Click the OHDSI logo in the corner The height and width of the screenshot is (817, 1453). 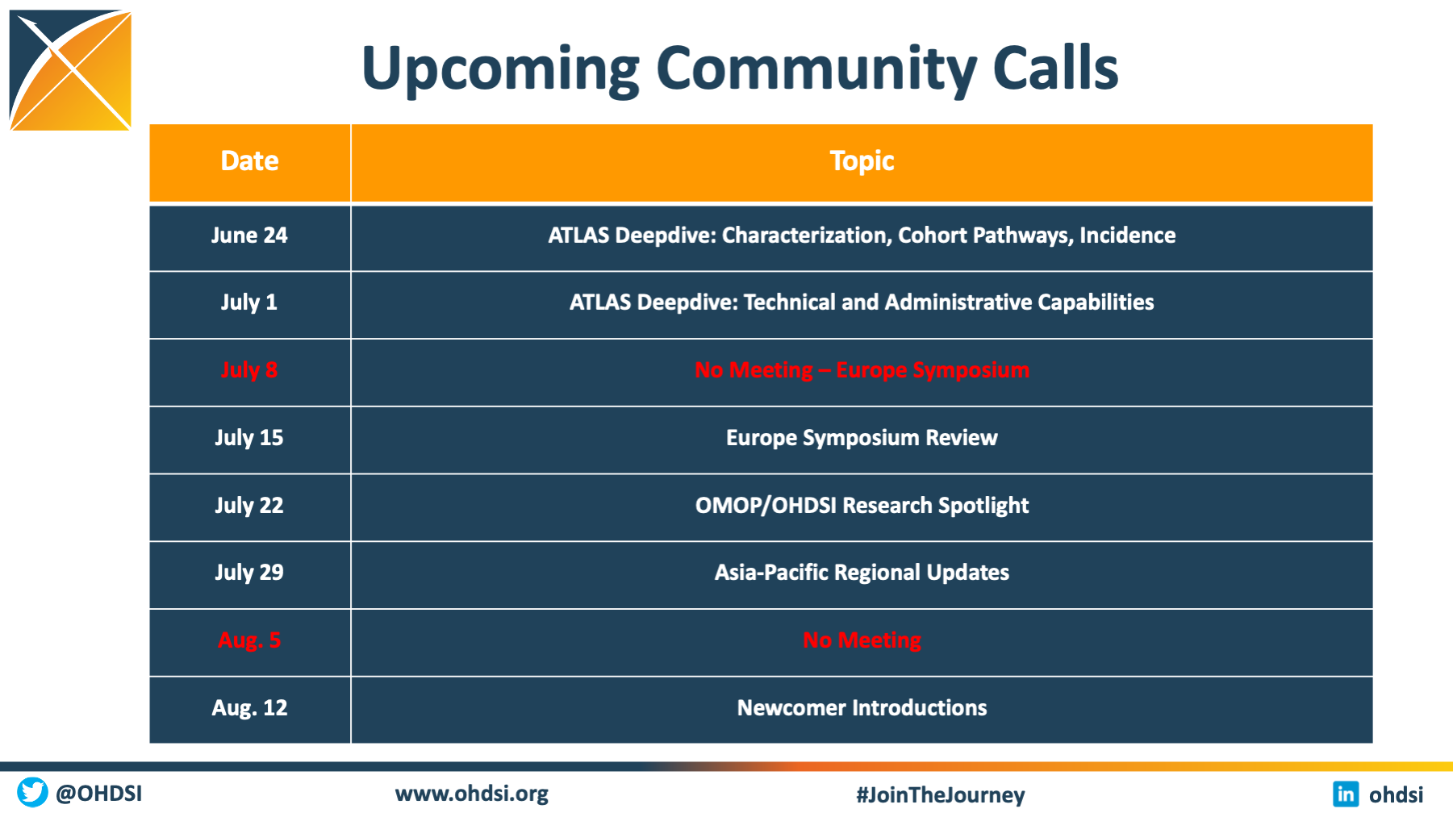click(x=70, y=70)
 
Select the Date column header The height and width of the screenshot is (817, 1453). click(x=250, y=161)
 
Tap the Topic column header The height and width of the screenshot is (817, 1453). click(x=862, y=161)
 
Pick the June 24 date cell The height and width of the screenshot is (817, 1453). click(x=249, y=236)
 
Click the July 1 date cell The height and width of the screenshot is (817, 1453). click(x=249, y=302)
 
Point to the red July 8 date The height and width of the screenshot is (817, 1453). click(x=249, y=370)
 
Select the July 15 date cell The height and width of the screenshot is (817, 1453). click(x=249, y=438)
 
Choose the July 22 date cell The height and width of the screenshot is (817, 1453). click(x=249, y=506)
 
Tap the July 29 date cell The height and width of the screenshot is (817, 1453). click(x=249, y=573)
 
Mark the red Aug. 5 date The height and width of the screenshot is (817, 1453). click(x=249, y=640)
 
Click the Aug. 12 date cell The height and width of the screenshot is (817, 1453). click(x=249, y=708)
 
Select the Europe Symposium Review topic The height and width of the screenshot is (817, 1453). click(x=862, y=438)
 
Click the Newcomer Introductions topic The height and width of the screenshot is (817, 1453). click(x=862, y=708)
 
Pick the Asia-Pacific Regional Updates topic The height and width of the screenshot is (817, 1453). click(x=862, y=573)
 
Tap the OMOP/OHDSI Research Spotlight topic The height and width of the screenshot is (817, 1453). click(x=862, y=506)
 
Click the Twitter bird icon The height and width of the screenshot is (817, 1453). click(x=33, y=792)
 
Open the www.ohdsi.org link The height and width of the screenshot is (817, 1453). click(x=472, y=794)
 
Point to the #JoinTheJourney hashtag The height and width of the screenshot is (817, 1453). click(x=941, y=795)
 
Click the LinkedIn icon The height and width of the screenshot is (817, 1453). click(x=1346, y=794)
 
